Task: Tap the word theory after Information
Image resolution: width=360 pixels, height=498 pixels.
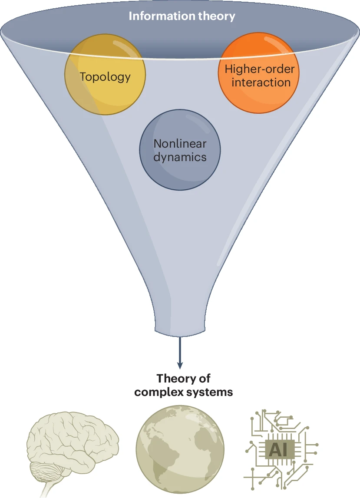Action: coord(219,16)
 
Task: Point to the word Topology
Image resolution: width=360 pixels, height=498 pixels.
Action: coord(105,77)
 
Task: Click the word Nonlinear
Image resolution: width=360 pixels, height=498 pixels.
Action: coord(180,144)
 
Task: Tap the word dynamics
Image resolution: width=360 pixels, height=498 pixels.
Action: coord(180,157)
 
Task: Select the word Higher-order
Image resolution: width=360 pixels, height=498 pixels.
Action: coord(259,69)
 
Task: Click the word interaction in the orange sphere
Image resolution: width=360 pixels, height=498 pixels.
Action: coord(261,82)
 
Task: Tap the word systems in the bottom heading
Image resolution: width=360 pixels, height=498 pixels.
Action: coord(213,392)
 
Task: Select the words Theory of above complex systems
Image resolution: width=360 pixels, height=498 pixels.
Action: coord(183,378)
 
